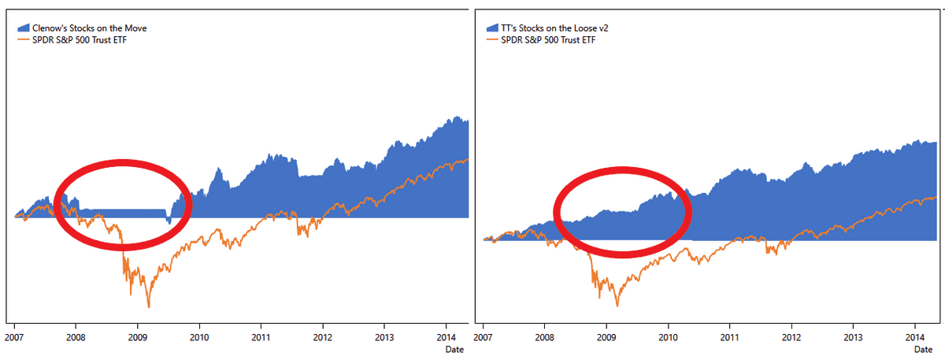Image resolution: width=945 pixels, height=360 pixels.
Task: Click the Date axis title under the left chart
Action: point(455,348)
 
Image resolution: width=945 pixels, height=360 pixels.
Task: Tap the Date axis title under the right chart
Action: point(924,348)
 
